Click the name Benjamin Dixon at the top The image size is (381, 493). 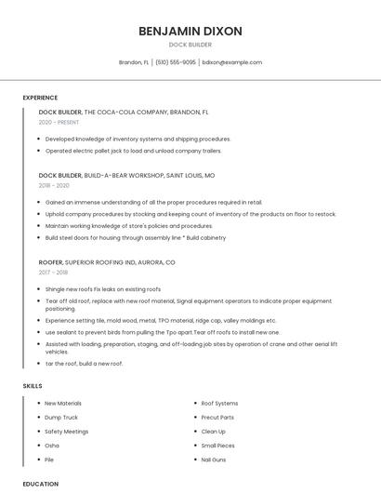coord(190,31)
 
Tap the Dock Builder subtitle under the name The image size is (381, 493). coord(190,45)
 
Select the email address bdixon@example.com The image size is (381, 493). coord(232,62)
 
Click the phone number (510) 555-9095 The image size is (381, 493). coord(175,62)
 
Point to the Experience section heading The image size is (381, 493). coord(40,98)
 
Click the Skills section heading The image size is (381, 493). coord(33,385)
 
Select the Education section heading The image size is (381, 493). coord(40,484)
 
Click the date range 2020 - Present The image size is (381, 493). coord(59,122)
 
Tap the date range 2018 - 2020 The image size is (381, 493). coord(54,185)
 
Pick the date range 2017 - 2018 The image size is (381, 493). coord(53,273)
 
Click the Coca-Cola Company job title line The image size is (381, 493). coord(124,112)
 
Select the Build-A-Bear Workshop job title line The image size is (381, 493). coord(126,175)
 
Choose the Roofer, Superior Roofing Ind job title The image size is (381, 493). coord(106,262)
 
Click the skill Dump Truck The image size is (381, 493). coord(62,418)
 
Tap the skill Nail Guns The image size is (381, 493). coord(214,460)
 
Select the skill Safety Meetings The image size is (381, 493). coord(67,432)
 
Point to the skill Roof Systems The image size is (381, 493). coord(220,404)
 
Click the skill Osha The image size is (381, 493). coord(52,446)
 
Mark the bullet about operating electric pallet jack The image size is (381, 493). coord(133,150)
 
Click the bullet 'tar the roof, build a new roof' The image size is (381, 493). coord(84,363)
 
